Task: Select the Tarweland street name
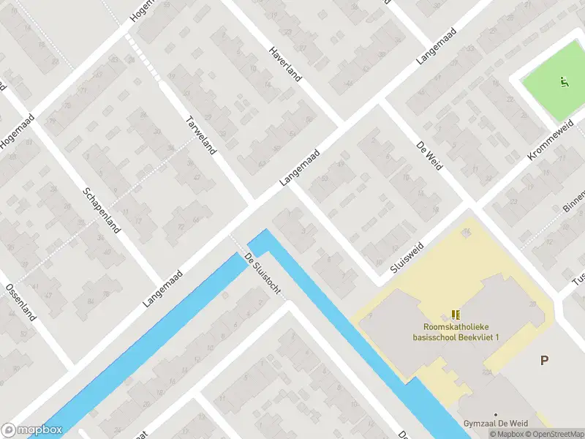[x=201, y=135]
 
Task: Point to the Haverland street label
[x=285, y=64]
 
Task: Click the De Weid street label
[x=430, y=155]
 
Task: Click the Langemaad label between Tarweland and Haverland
[x=300, y=168]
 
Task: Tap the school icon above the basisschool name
[x=456, y=314]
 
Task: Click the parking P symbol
[x=544, y=360]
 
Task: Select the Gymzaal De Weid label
[x=495, y=424]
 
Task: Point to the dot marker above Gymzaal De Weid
[x=495, y=414]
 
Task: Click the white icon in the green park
[x=562, y=81]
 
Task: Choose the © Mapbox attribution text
[x=508, y=434]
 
